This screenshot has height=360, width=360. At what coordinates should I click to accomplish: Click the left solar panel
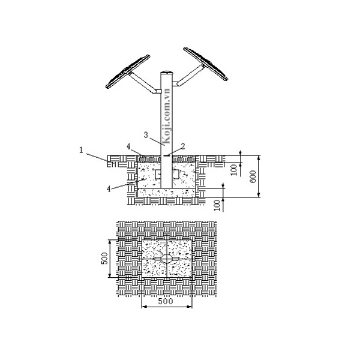coord(127,71)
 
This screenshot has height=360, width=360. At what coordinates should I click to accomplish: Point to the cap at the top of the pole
coord(167,74)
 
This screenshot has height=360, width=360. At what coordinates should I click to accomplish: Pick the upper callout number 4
coord(128,145)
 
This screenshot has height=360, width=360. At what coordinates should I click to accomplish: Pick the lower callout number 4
coord(109,189)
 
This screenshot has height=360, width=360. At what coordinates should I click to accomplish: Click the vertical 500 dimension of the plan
coord(104,258)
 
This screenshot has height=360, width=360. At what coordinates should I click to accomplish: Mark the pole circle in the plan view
coord(166,259)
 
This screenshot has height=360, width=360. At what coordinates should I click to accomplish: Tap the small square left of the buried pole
coord(157,175)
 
